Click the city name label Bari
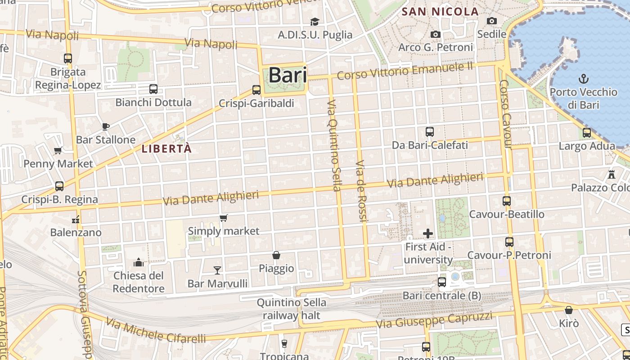coord(288,75)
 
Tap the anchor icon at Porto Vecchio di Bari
coord(583,79)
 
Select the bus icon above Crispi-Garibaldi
coord(256,90)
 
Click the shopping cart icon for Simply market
coord(224,218)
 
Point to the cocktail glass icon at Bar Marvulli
coord(217,270)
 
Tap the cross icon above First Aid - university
coord(428,234)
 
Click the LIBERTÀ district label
coord(166,148)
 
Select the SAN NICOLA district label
coord(440,12)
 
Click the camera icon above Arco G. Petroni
coord(435,34)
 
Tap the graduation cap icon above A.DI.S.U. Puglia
coord(315,22)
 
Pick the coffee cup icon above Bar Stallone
coord(106,126)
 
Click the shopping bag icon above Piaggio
coord(276,255)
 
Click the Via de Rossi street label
coord(362,190)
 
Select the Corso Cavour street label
coord(506,114)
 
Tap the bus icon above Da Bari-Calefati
coord(430,132)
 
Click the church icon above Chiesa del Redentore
coord(139,262)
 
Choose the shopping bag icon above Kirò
coord(569,310)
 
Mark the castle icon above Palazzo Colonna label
coord(611,174)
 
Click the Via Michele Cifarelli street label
coord(156,331)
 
